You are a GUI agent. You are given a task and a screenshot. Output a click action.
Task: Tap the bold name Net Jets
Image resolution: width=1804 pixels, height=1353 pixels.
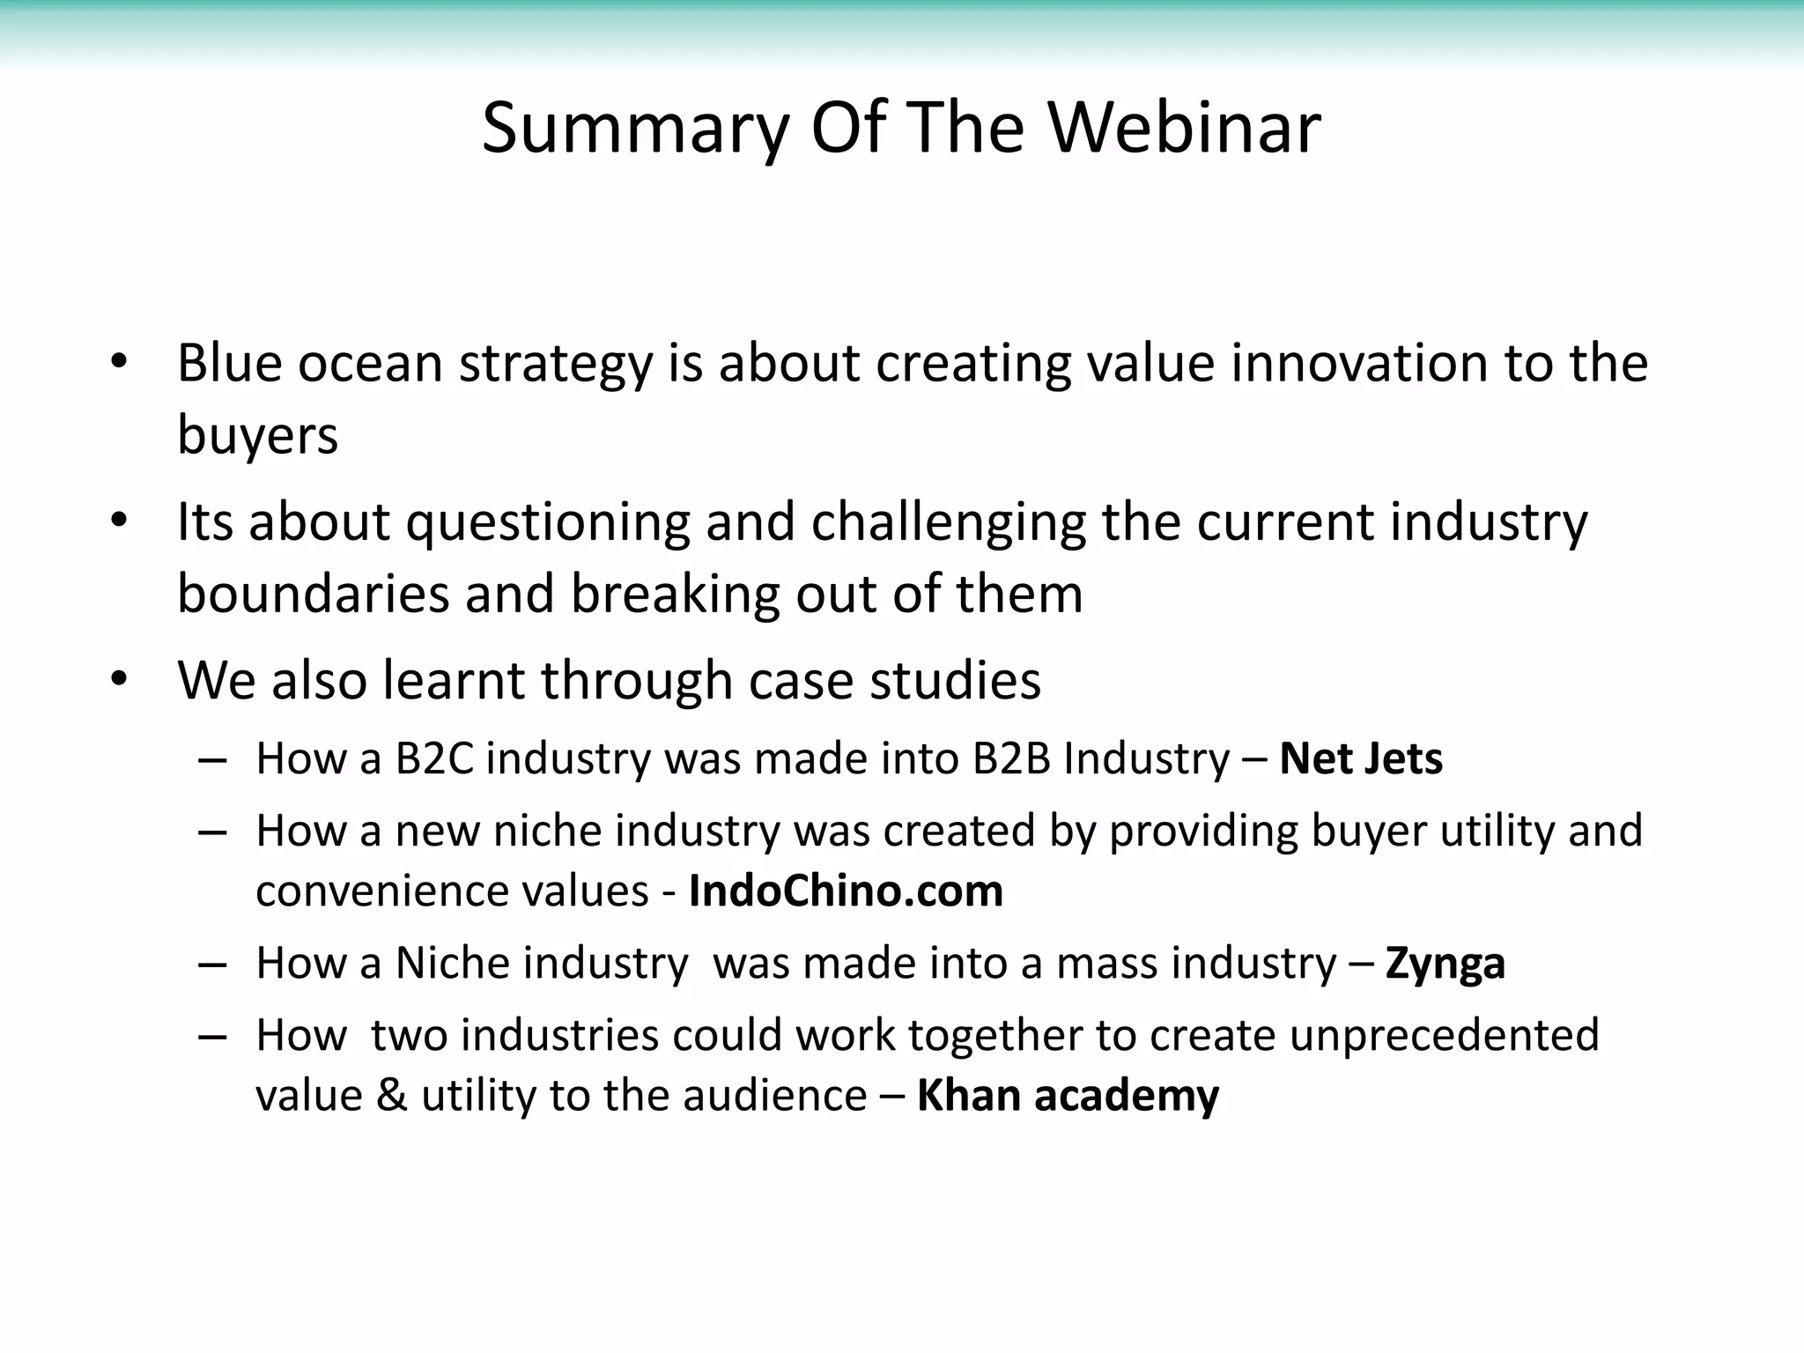pyautogui.click(x=1361, y=758)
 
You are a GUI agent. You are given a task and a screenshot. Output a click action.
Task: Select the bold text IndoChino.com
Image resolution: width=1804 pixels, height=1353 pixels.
pyautogui.click(x=846, y=891)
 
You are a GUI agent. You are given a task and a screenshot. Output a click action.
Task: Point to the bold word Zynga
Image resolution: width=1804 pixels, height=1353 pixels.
pyautogui.click(x=1445, y=964)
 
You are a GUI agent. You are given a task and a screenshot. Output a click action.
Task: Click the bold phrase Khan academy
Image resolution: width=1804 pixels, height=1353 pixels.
pyautogui.click(x=1068, y=1096)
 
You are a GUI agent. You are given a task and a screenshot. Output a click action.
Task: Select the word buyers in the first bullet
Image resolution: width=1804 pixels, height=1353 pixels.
pyautogui.click(x=257, y=435)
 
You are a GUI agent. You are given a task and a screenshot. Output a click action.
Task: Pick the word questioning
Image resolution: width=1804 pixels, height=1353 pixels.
pyautogui.click(x=547, y=522)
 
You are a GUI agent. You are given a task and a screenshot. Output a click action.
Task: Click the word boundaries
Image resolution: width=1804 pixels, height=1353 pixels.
pyautogui.click(x=313, y=594)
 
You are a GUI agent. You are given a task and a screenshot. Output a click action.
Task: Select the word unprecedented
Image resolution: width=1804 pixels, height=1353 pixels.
pyautogui.click(x=1445, y=1035)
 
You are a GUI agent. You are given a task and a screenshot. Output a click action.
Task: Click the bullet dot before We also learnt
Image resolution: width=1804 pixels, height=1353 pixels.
pyautogui.click(x=120, y=680)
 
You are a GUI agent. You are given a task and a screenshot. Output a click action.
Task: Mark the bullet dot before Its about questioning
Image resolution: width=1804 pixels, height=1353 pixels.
pyautogui.click(x=120, y=521)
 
